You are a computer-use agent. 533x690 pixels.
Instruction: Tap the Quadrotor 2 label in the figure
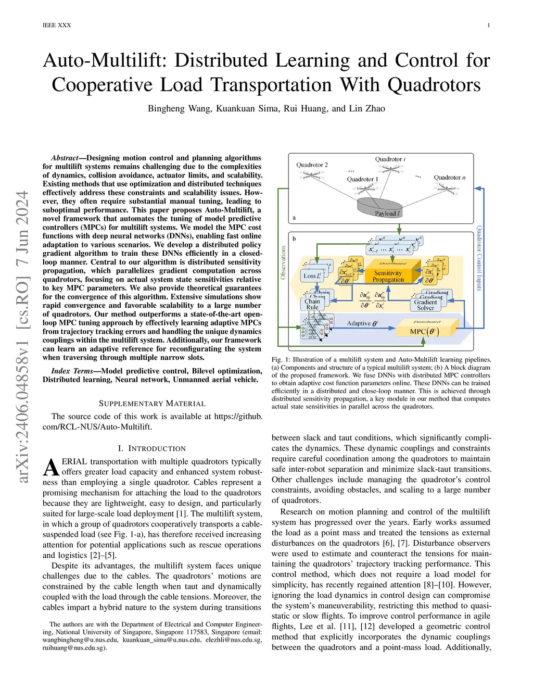point(312,165)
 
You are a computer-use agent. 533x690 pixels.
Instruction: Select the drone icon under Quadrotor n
point(449,189)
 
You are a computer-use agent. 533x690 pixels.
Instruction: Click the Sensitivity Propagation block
point(388,276)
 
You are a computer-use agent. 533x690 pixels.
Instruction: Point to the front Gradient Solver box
point(425,305)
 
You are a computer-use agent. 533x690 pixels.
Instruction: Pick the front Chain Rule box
point(312,304)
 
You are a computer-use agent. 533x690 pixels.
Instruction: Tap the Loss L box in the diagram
point(312,275)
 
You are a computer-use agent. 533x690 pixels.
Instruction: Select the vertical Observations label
point(283,262)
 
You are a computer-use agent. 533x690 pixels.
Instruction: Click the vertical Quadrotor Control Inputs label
point(479,258)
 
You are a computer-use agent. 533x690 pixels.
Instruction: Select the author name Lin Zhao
point(367,108)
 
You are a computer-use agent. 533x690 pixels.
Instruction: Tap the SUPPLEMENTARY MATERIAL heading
point(152,404)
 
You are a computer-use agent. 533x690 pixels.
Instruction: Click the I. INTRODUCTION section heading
point(152,448)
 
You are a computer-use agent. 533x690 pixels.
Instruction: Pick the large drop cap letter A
point(51,467)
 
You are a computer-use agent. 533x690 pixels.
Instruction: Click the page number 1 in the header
point(488,25)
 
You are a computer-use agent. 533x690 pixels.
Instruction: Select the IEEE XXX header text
point(57,25)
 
